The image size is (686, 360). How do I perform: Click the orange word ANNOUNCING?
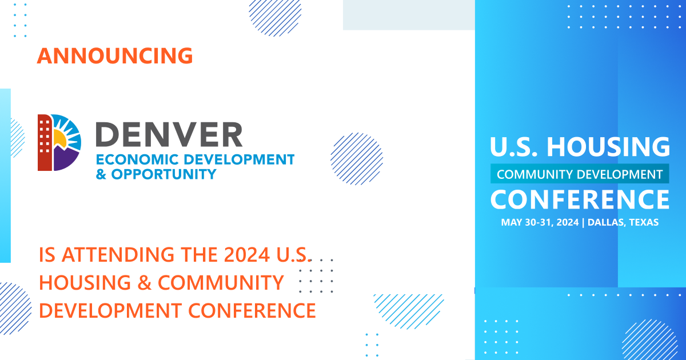tap(115, 56)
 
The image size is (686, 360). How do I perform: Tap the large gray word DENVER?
tap(169, 135)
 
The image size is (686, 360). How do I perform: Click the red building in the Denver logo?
tap(45, 142)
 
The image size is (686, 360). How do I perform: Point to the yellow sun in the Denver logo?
tap(60, 138)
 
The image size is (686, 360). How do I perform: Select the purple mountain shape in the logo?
tap(66, 159)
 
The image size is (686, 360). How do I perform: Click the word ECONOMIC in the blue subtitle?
tap(138, 160)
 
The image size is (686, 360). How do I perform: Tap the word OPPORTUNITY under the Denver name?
tap(164, 174)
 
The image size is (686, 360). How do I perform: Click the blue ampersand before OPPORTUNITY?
tap(101, 174)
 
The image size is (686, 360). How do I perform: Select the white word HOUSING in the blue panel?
tap(608, 147)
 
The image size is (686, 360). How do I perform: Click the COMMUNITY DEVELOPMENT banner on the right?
tap(580, 174)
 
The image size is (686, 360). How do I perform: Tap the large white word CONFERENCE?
tap(580, 199)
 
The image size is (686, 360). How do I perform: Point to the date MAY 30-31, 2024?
tap(540, 222)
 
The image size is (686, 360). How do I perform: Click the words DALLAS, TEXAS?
tap(623, 222)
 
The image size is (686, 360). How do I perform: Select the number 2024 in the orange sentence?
tap(247, 255)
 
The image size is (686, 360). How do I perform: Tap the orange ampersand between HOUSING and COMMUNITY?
tap(145, 282)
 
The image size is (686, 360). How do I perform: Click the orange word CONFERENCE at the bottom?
tap(252, 311)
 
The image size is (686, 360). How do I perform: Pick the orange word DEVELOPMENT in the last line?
tap(110, 311)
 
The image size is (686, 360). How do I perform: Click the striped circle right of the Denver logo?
tap(357, 159)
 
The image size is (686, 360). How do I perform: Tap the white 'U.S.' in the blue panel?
tap(513, 147)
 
